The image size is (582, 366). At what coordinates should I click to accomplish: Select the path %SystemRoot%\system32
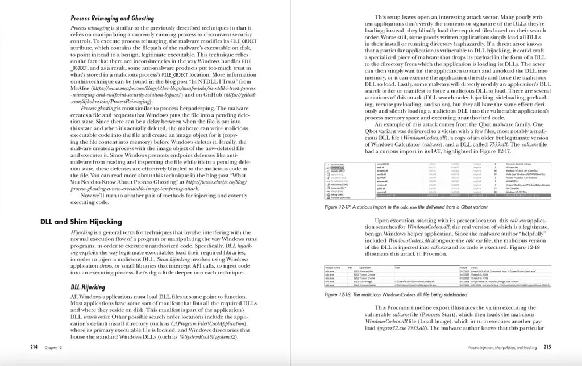[x=208, y=336]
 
